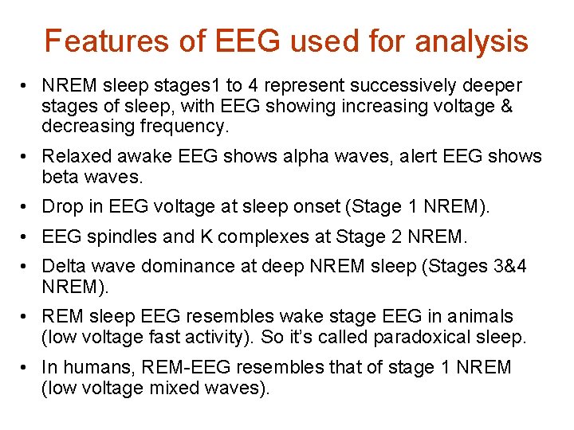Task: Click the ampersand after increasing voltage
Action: [504, 106]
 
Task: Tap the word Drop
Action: [61, 207]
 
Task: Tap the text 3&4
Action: [505, 266]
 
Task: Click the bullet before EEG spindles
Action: [26, 236]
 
